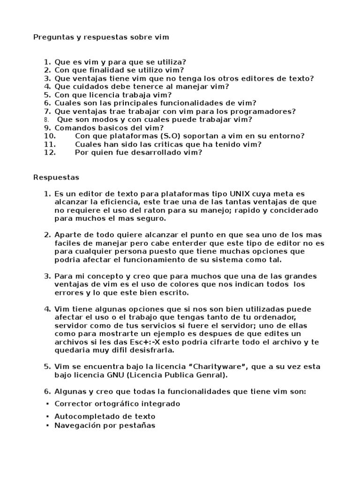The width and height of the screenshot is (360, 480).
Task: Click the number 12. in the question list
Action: point(50,152)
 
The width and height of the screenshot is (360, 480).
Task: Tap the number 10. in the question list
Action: point(50,136)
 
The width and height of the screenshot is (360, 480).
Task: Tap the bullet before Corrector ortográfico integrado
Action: point(47,404)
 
